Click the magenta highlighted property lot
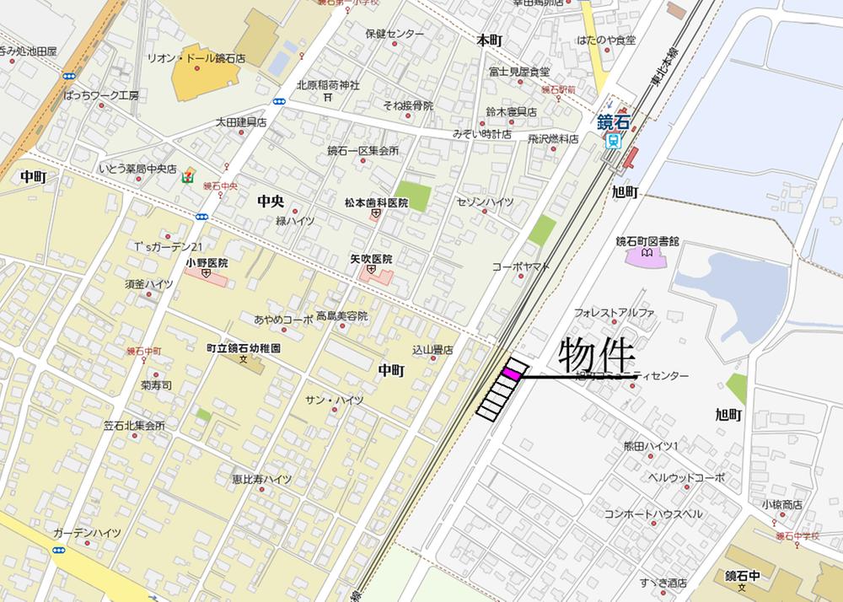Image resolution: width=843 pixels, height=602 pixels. (511, 371)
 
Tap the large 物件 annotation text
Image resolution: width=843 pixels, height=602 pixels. (595, 357)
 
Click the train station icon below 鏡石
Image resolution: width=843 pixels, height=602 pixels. (615, 142)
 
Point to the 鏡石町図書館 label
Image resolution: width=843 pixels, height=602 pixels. (647, 241)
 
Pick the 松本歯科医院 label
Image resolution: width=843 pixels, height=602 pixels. (375, 203)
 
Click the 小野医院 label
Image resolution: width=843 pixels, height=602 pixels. (207, 262)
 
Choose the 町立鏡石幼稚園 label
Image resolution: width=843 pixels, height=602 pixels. (244, 347)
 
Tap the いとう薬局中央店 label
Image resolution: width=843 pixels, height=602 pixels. (137, 169)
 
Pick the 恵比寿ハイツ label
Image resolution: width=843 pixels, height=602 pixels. (262, 479)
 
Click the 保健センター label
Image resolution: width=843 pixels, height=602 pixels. (395, 35)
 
